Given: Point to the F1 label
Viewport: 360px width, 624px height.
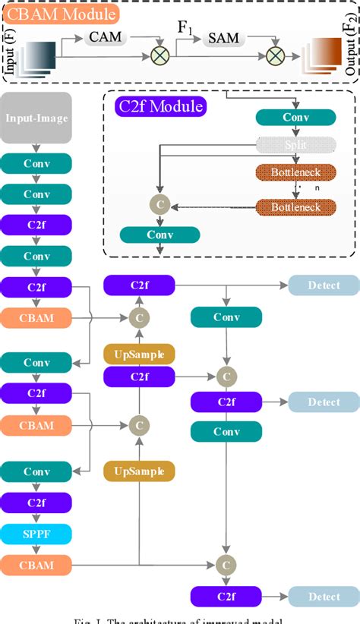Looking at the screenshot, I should coord(185,27).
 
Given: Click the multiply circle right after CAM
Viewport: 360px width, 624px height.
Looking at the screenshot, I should coord(161,54).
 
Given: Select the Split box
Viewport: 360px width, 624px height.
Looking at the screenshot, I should coord(295,144).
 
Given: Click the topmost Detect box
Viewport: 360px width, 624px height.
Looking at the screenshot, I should coord(324,286).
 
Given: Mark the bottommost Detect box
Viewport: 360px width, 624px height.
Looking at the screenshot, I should coord(324,597).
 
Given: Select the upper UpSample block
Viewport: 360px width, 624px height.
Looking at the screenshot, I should coord(139,353).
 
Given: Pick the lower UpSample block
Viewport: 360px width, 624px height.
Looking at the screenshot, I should coord(139,471).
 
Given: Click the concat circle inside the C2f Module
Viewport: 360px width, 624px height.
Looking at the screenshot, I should coord(159,205).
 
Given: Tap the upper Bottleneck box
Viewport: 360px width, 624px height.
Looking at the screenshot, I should coord(295,172).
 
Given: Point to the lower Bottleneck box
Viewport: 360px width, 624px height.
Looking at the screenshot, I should coord(295,206).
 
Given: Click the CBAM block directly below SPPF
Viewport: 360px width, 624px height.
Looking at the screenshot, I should coord(36,564).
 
